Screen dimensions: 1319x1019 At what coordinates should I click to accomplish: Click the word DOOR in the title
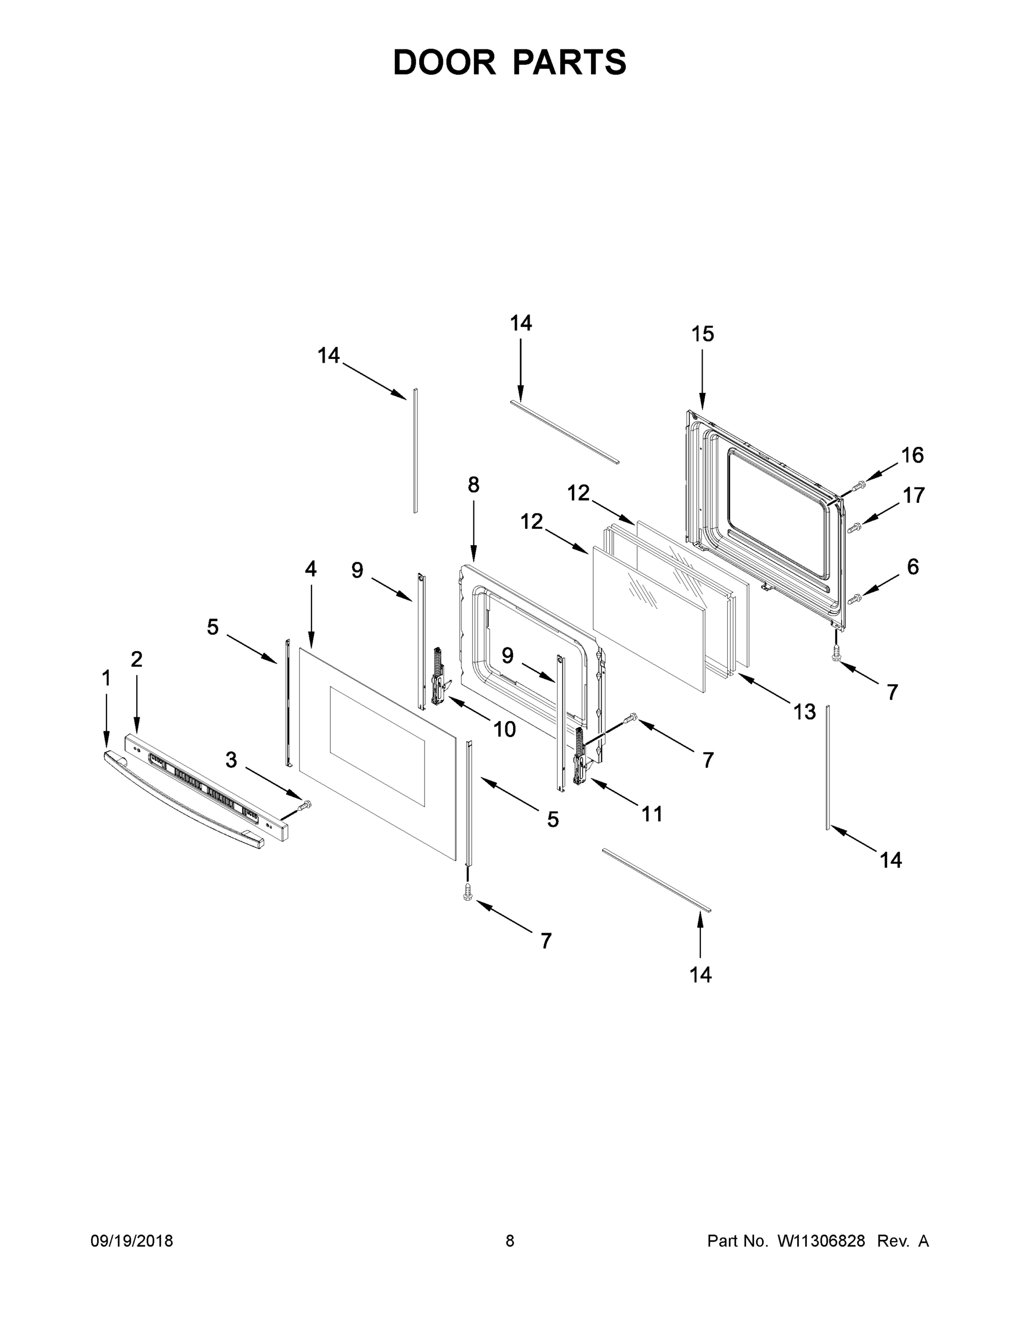[x=444, y=63]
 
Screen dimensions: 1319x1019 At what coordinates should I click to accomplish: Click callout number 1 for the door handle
[x=106, y=678]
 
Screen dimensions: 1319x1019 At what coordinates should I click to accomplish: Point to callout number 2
[x=136, y=659]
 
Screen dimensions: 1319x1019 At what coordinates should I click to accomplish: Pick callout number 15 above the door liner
[x=703, y=334]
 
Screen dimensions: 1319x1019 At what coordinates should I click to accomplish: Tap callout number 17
[x=914, y=495]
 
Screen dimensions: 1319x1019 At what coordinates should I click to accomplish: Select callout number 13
[x=805, y=712]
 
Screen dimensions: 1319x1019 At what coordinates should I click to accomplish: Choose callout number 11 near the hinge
[x=652, y=814]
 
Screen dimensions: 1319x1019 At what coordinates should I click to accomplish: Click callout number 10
[x=505, y=729]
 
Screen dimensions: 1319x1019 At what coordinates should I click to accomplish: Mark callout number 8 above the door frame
[x=474, y=484]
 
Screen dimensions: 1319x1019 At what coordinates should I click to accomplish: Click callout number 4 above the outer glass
[x=310, y=568]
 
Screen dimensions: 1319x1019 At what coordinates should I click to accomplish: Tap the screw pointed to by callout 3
[x=305, y=805]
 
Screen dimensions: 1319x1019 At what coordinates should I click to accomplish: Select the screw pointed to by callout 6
[x=855, y=599]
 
